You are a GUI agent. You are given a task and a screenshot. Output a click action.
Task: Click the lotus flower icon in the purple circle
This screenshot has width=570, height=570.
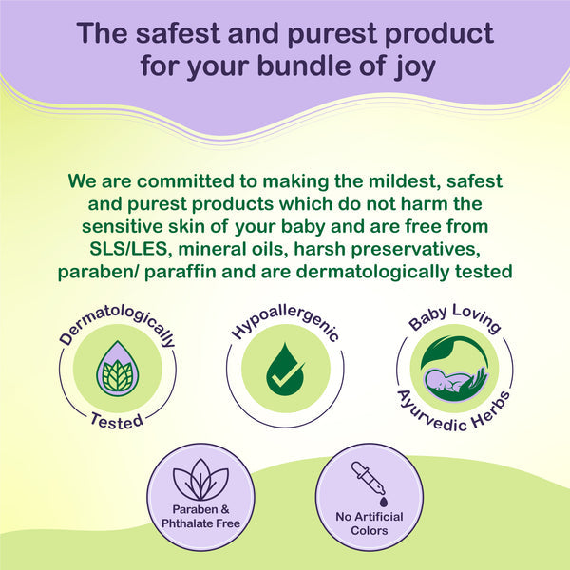[x=201, y=483]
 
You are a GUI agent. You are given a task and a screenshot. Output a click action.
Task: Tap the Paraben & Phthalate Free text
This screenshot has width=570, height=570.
[x=200, y=517]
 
